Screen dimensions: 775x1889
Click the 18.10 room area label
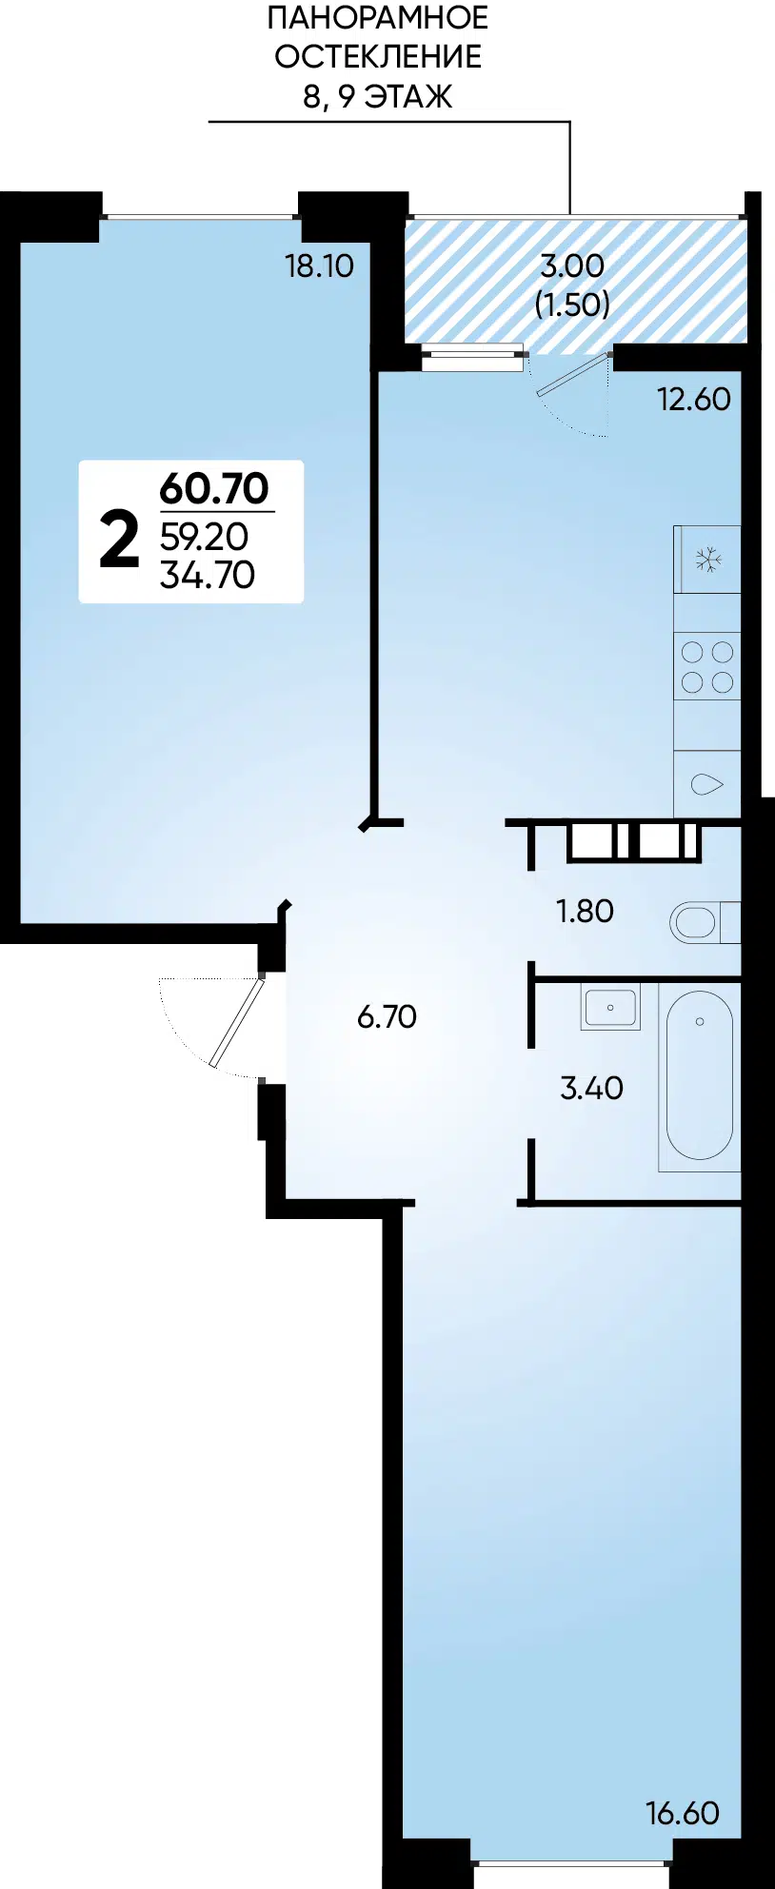pyautogui.click(x=319, y=266)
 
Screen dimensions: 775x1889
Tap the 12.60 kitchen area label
pyautogui.click(x=693, y=399)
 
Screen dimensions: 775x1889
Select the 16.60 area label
pyautogui.click(x=682, y=1813)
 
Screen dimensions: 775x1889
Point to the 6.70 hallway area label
pyautogui.click(x=387, y=1016)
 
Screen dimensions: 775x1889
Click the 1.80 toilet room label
pyautogui.click(x=585, y=911)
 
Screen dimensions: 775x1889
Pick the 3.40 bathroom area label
pyautogui.click(x=591, y=1087)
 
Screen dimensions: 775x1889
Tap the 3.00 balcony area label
pyautogui.click(x=572, y=266)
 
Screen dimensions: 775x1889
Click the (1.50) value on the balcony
pyautogui.click(x=572, y=304)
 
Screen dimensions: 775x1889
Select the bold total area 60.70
pyautogui.click(x=214, y=488)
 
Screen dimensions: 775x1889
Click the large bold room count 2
pyautogui.click(x=119, y=540)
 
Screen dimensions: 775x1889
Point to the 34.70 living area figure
pyautogui.click(x=208, y=575)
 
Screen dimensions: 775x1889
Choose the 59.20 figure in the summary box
pyautogui.click(x=204, y=537)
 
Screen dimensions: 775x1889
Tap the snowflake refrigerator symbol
pyautogui.click(x=707, y=559)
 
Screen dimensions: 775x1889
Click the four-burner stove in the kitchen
pyautogui.click(x=707, y=666)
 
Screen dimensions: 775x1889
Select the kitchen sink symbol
pyautogui.click(x=706, y=784)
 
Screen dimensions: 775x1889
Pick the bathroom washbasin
pyautogui.click(x=610, y=1007)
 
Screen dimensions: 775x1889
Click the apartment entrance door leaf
pyautogui.click(x=236, y=1022)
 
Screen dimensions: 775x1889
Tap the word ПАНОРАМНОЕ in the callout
pyautogui.click(x=378, y=17)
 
